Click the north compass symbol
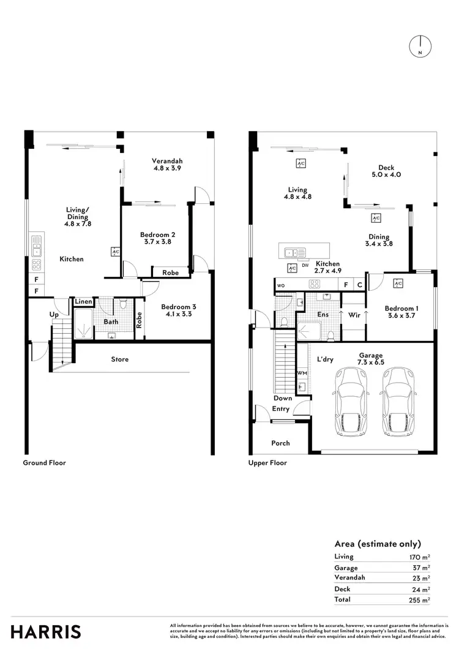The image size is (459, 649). tap(420, 47)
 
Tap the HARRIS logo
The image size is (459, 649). tap(46, 631)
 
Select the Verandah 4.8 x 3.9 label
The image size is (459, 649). tap(168, 165)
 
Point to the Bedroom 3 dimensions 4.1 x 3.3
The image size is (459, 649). tap(177, 316)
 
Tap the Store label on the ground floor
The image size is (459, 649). tap(120, 359)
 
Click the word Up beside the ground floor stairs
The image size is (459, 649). tap(54, 315)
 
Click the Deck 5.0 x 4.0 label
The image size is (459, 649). tap(386, 171)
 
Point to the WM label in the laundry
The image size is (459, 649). tap(302, 372)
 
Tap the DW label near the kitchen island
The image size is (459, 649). tap(305, 266)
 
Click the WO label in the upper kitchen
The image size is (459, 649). tap(281, 285)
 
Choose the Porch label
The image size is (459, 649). tap(280, 443)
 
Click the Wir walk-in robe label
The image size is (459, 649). tap(353, 317)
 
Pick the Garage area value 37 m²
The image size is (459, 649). tap(420, 567)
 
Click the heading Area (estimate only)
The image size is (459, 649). tap(378, 544)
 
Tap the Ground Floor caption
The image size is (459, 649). tap(44, 463)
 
